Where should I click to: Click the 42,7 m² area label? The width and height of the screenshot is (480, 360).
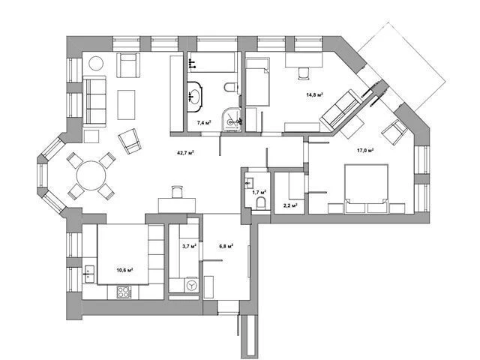(x=186, y=152)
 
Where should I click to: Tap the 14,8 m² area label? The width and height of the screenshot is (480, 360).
(x=315, y=94)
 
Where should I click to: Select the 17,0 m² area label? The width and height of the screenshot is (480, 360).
(x=365, y=150)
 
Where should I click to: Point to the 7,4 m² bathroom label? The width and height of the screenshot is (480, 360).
(x=204, y=123)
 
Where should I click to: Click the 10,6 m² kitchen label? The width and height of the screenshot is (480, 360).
(x=125, y=270)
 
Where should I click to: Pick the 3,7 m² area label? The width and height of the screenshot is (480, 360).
(x=189, y=245)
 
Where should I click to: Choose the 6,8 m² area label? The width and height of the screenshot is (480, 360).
(x=226, y=245)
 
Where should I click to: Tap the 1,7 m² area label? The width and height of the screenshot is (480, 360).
(x=259, y=192)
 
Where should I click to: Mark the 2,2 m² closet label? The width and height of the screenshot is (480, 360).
(x=291, y=205)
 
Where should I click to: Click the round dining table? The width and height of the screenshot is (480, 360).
(x=91, y=175)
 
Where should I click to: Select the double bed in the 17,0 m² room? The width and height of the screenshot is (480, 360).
(x=367, y=188)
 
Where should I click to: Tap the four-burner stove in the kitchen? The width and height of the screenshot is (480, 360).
(x=124, y=292)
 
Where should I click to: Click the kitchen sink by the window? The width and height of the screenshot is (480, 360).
(x=89, y=274)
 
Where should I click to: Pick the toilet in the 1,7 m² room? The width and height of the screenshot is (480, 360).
(x=261, y=203)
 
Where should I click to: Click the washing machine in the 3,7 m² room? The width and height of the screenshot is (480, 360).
(x=192, y=286)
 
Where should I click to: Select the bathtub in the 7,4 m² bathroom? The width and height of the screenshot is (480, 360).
(x=211, y=62)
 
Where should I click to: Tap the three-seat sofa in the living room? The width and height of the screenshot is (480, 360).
(x=94, y=101)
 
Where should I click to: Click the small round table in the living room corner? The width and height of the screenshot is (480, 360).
(x=96, y=64)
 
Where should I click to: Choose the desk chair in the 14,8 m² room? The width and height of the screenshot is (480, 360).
(x=303, y=73)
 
